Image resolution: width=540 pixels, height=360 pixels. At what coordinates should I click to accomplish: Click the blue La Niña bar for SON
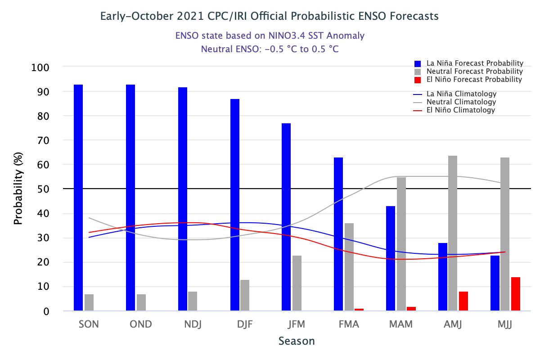[x=78, y=198]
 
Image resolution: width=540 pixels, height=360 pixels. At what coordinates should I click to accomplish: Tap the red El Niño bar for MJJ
[x=516, y=293]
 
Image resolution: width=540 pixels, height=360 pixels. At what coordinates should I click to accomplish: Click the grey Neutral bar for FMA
[x=349, y=267]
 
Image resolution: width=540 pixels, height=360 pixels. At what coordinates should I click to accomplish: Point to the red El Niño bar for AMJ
[x=463, y=301]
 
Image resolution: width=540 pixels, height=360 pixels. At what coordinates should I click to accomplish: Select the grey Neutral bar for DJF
[x=245, y=295]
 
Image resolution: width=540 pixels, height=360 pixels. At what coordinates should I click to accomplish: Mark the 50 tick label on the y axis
[x=43, y=189]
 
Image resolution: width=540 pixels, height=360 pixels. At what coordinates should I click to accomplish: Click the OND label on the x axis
[x=140, y=324]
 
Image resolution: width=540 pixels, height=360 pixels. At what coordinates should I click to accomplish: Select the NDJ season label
[x=192, y=324]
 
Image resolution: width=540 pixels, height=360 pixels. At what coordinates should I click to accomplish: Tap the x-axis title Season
[x=297, y=341]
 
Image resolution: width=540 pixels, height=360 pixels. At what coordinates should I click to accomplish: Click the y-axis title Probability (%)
[x=18, y=189]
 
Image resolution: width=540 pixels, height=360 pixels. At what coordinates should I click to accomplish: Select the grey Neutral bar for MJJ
[x=505, y=234]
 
